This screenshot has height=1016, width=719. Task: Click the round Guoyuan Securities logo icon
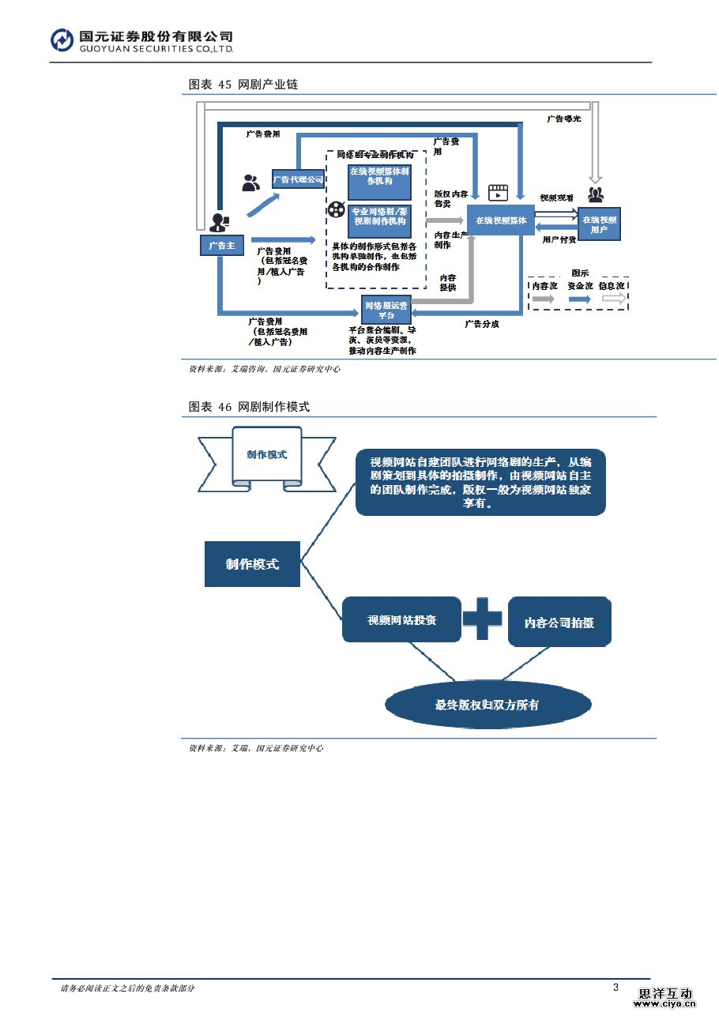[x=62, y=40]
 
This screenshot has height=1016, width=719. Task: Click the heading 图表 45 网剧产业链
[x=243, y=85]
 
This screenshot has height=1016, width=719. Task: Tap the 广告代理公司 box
[x=298, y=180]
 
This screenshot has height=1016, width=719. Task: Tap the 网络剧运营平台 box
[x=385, y=310]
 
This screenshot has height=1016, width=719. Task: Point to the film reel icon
[x=337, y=210]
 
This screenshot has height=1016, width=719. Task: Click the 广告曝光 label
[x=564, y=119]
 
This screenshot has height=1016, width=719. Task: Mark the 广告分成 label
[x=481, y=324]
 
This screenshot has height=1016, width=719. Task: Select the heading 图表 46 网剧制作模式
[x=249, y=407]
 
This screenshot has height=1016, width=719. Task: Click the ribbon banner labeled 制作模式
[x=266, y=455]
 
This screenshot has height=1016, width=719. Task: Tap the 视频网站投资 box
[x=401, y=620]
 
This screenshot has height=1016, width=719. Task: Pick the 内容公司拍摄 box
[x=559, y=623]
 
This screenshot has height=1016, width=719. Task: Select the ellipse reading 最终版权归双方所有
[x=487, y=704]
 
